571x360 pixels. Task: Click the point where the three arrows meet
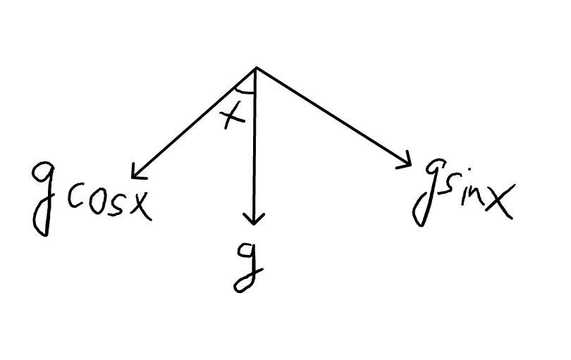(255, 68)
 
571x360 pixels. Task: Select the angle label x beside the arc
(233, 116)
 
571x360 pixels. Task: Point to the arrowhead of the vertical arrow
(254, 221)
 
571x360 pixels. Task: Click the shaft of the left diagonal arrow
(194, 122)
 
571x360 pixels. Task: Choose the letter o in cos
(97, 201)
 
